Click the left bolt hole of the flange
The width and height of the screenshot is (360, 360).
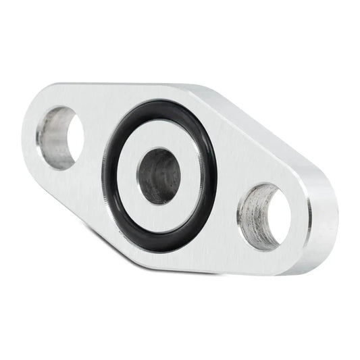[60, 138]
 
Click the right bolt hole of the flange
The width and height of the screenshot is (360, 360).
[265, 215]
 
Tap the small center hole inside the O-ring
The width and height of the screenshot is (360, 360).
[161, 176]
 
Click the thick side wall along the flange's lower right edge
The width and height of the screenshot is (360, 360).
[270, 267]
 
